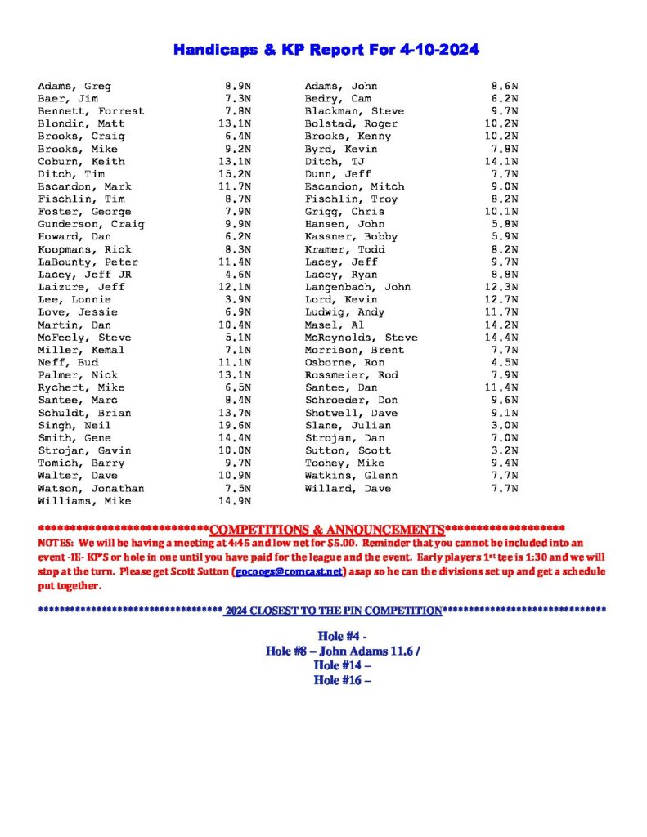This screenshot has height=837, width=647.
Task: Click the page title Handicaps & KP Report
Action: point(326,51)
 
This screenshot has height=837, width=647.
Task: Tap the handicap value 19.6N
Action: point(238,425)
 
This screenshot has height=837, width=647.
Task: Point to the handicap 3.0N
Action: point(505,425)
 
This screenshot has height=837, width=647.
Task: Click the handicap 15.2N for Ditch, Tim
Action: point(238,174)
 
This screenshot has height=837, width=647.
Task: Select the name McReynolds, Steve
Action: point(361,337)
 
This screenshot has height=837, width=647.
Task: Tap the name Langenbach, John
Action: point(357,287)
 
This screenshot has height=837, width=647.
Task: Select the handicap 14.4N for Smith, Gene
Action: point(238,437)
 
